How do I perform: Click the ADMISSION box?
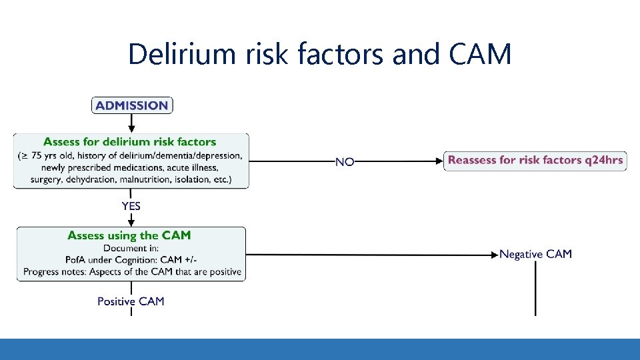coord(131,105)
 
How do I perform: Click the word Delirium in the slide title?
coord(181,54)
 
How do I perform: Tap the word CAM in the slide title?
coord(480,54)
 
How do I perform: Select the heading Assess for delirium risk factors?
coord(130,141)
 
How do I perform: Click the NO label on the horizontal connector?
coord(344,162)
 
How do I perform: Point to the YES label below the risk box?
coord(131,206)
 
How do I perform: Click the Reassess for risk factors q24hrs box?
coord(535,160)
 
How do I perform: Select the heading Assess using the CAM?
coord(129,235)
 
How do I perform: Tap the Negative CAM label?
coord(535,254)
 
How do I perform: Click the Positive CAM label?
coord(131,301)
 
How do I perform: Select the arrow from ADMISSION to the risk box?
coord(131,123)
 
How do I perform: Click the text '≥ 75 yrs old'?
coord(47,156)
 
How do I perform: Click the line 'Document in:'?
coord(130,249)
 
